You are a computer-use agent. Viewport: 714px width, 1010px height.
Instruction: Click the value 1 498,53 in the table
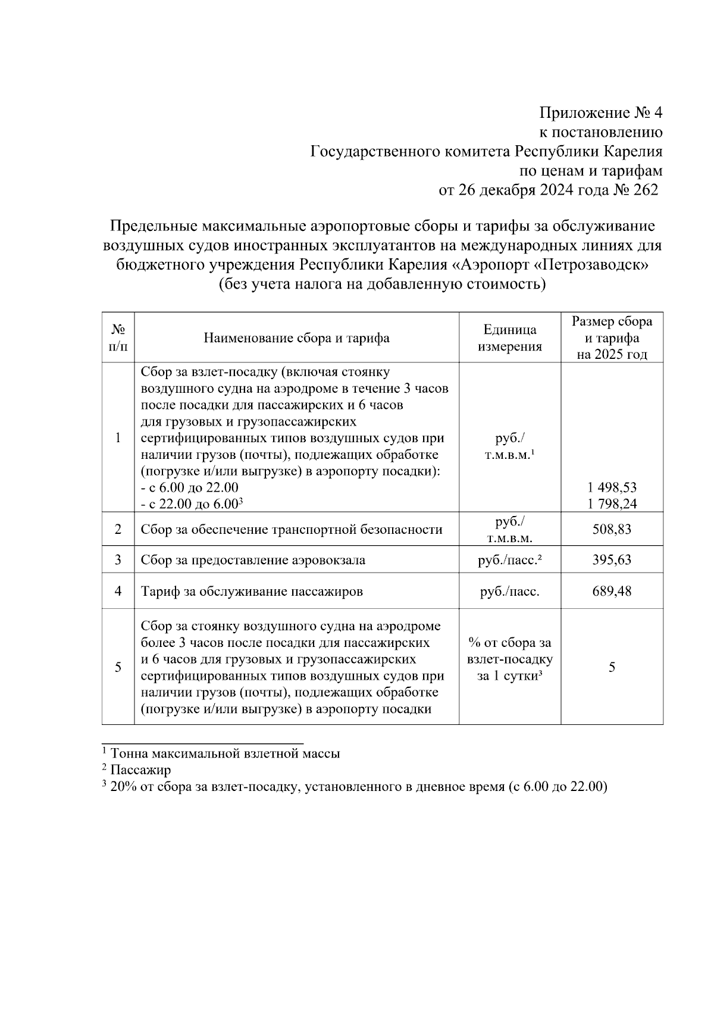[x=612, y=487]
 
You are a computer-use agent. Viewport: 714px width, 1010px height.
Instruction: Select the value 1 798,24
[x=612, y=504]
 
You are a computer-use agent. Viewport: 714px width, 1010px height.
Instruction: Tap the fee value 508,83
[x=612, y=529]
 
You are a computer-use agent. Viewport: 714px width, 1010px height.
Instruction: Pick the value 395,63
[x=612, y=560]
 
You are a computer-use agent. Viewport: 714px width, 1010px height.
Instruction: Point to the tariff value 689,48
[x=612, y=591]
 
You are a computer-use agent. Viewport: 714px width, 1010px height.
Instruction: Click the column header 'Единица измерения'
[x=509, y=338]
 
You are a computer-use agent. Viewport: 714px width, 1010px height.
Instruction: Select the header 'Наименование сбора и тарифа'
[x=296, y=338]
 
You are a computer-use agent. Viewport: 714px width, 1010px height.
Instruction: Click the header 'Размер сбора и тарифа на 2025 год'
[x=612, y=338]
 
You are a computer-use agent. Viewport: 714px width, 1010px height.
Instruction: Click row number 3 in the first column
[x=118, y=560]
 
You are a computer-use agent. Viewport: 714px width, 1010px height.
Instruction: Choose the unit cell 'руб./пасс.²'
[x=509, y=560]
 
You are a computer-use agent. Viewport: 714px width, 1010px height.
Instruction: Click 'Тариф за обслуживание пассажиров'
[x=252, y=592]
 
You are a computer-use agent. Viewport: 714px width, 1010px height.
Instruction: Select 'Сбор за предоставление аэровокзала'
[x=253, y=560]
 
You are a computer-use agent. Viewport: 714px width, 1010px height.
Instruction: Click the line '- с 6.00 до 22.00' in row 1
[x=190, y=487]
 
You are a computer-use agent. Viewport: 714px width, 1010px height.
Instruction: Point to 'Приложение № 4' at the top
[x=600, y=112]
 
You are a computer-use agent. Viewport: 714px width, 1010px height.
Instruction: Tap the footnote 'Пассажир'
[x=140, y=770]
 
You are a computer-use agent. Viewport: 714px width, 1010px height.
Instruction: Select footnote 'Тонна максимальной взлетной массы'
[x=225, y=753]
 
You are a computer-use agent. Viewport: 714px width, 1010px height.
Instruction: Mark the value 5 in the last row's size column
[x=612, y=667]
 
